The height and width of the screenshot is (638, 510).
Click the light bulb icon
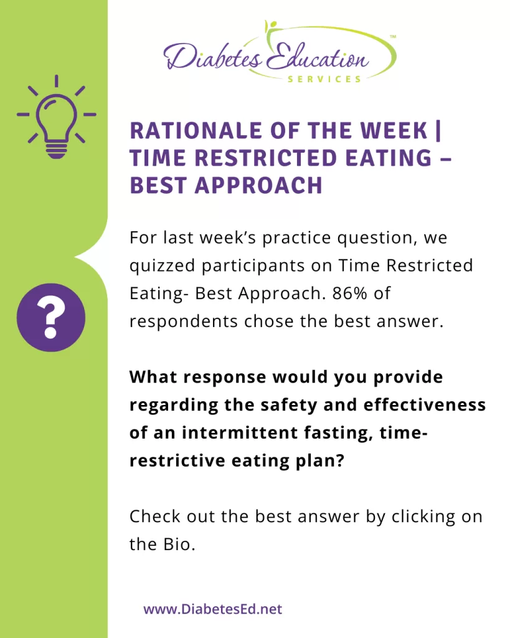(x=56, y=117)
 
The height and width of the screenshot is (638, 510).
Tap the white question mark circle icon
(x=51, y=317)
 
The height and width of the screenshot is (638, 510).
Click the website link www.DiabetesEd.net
(x=213, y=609)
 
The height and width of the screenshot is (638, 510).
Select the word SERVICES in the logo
(x=324, y=79)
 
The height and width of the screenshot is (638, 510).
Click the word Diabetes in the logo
(x=213, y=56)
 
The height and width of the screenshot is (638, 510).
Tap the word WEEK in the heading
(x=394, y=131)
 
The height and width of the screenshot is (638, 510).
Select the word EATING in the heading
(x=389, y=158)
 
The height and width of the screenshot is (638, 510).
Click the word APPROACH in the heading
(x=258, y=186)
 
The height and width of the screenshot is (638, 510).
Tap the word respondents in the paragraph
(x=184, y=322)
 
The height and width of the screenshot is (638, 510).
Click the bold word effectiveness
(x=425, y=405)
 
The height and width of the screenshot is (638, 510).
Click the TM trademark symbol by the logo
(x=393, y=37)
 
